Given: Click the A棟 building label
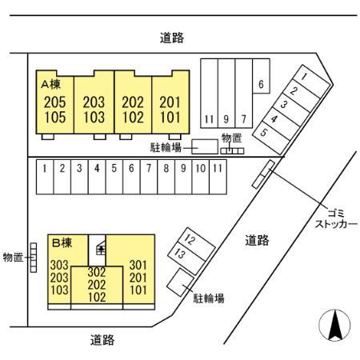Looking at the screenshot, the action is (x=51, y=85).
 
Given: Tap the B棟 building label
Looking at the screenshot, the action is (x=62, y=243).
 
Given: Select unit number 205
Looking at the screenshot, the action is (x=55, y=102).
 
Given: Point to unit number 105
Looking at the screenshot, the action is (x=55, y=117).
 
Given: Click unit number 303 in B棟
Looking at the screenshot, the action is (x=59, y=265).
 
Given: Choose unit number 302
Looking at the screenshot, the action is (x=97, y=272).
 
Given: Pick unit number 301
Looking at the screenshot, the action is (x=138, y=265).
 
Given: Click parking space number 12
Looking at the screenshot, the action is (x=190, y=239).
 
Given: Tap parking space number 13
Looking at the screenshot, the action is (x=179, y=254).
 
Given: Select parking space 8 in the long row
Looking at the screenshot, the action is (x=166, y=168).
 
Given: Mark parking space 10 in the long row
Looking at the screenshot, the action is (x=201, y=168).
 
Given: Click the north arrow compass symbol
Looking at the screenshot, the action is (x=334, y=326).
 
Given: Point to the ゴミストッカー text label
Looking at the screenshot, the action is (x=336, y=219).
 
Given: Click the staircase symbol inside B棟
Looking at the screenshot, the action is (x=101, y=248).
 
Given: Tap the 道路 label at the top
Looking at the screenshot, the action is (x=172, y=38).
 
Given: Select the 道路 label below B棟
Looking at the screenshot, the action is (x=102, y=340).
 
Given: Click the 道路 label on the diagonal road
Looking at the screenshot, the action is (x=258, y=240).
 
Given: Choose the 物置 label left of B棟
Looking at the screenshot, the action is (x=13, y=258).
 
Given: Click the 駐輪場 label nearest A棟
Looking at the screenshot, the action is (x=166, y=147).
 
